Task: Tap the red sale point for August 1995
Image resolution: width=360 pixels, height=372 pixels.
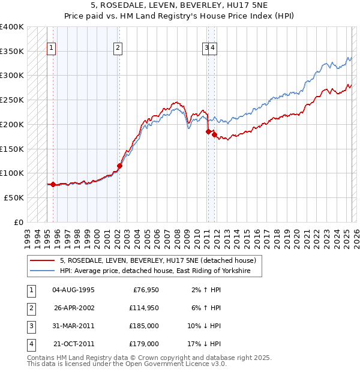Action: pos(53,184)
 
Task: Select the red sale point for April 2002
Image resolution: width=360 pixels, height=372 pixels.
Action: pos(119,166)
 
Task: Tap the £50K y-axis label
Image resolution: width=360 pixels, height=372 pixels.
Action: pos(14,197)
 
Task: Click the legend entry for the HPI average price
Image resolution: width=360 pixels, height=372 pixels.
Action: pos(159,271)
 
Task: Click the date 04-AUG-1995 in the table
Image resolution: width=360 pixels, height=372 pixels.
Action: pos(74,290)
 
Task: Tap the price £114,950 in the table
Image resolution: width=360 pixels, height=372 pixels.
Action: pos(144,308)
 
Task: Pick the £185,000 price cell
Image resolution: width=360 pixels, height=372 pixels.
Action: pos(144,326)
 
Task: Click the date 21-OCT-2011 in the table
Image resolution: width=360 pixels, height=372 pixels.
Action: pos(74,344)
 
